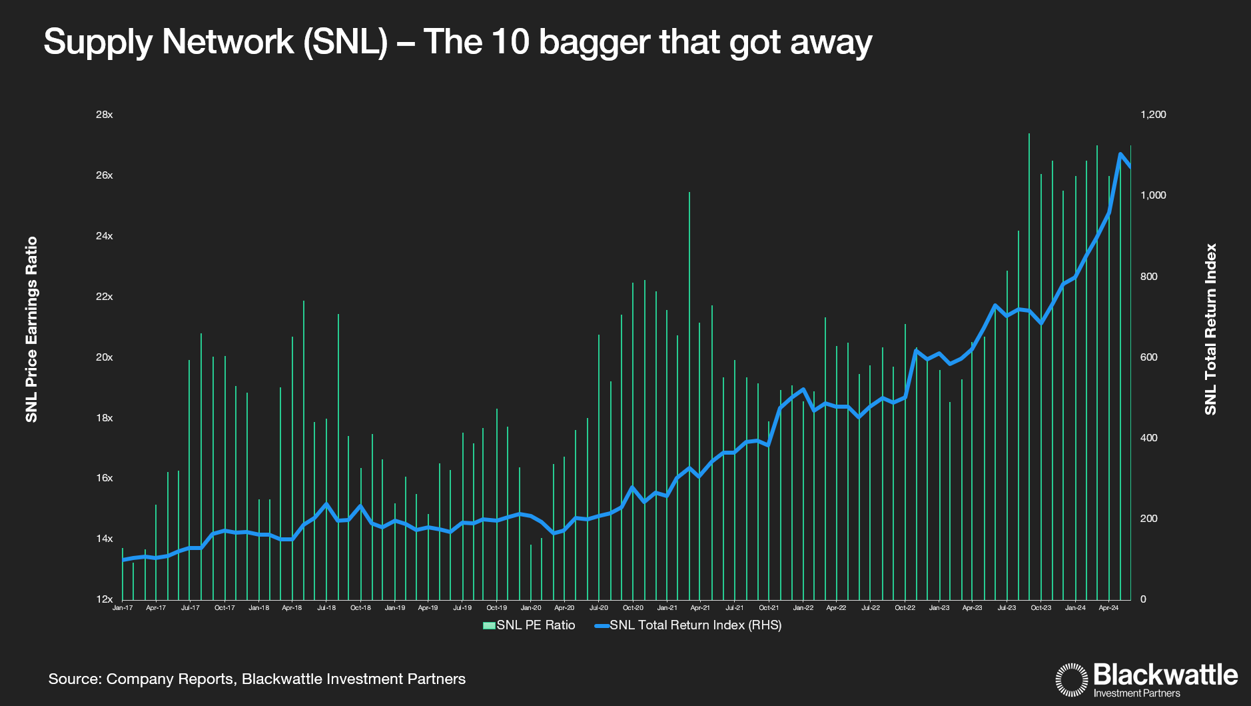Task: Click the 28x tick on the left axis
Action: [x=105, y=115]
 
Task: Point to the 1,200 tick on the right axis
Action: [x=1153, y=115]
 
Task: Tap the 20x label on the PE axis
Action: [x=105, y=357]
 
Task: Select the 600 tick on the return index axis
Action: [x=1148, y=357]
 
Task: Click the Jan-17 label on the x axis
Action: [x=123, y=608]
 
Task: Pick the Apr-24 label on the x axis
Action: [x=1108, y=608]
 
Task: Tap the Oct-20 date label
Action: [x=633, y=608]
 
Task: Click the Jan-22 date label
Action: [x=803, y=608]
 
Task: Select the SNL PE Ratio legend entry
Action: [x=529, y=625]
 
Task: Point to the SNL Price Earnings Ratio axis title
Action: [x=31, y=329]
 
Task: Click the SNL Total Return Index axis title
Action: [x=1210, y=329]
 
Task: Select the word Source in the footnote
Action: [x=74, y=679]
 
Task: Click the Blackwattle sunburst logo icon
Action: [x=1072, y=680]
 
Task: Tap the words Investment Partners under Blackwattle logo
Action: [x=1136, y=693]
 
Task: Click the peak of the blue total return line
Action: [x=1120, y=154]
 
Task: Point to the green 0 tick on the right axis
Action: [x=1143, y=599]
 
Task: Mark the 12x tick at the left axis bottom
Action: [x=105, y=599]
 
